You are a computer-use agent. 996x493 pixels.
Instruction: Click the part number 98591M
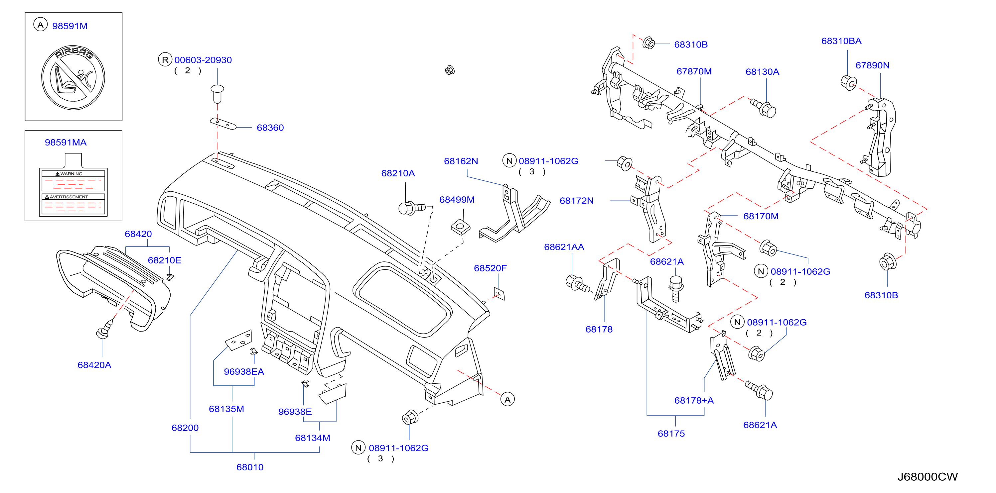click(70, 26)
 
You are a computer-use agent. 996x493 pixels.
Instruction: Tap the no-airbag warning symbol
click(73, 78)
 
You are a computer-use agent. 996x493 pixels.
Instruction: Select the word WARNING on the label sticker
click(71, 174)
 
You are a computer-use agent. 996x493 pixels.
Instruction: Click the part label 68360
click(270, 128)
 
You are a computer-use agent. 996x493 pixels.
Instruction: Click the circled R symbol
click(165, 60)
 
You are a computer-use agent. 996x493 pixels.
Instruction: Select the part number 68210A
click(398, 173)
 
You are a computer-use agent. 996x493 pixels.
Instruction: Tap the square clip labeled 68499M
click(461, 227)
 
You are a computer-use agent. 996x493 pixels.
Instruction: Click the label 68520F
click(490, 268)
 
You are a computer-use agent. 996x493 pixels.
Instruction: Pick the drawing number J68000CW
click(927, 477)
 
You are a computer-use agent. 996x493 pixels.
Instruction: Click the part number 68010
click(250, 467)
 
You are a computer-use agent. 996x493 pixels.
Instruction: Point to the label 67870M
click(694, 71)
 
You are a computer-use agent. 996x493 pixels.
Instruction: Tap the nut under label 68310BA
click(849, 83)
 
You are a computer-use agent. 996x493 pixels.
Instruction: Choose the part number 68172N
click(577, 201)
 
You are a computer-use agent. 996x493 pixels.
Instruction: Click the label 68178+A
click(694, 400)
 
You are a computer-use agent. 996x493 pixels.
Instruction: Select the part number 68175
click(671, 434)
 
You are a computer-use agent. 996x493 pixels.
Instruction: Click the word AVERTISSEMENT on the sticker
click(69, 197)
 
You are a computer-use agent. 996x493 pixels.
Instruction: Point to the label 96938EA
click(244, 372)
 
